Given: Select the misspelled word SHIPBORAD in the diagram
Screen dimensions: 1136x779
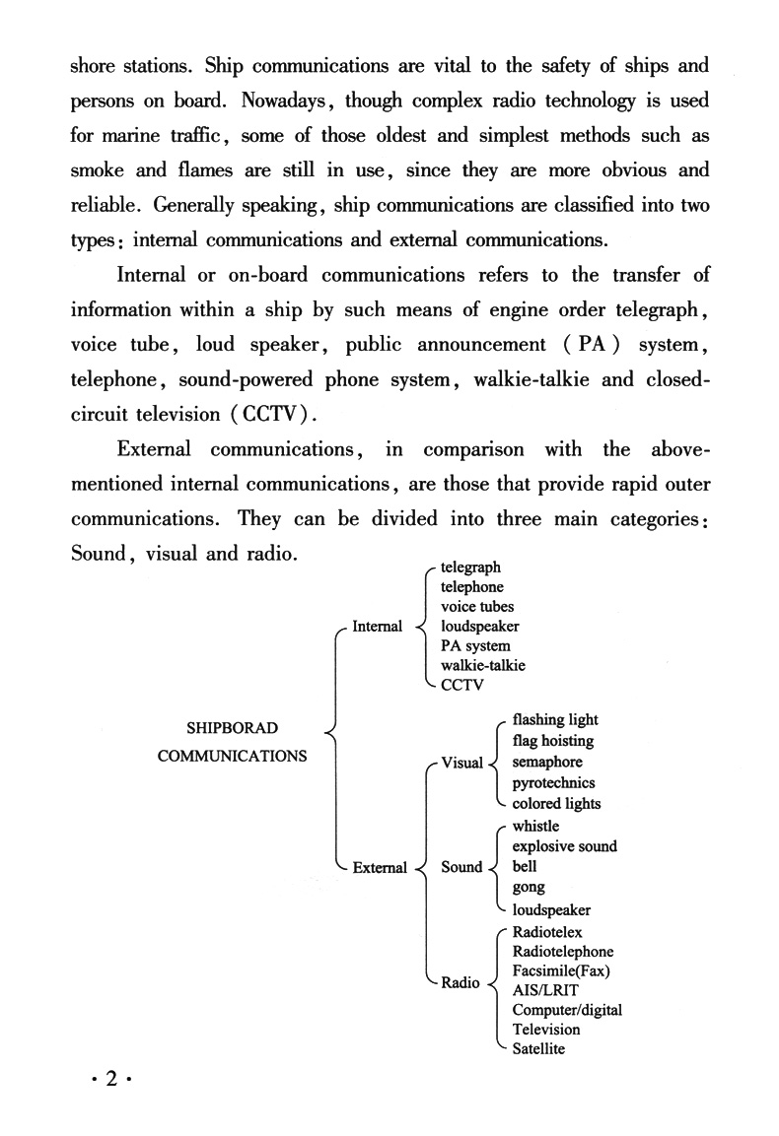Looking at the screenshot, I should coord(232,728).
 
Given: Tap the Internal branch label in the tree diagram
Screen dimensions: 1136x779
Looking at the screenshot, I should coord(377,626).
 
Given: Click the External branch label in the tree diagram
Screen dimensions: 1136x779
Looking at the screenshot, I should coord(380,868).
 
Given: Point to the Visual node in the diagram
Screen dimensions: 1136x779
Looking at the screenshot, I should coord(461,763).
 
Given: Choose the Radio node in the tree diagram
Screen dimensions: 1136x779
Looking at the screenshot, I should coord(460,982).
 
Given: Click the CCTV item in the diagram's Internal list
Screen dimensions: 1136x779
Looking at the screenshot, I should coord(460,686).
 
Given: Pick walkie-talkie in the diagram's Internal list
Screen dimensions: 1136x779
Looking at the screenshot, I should coord(483,665).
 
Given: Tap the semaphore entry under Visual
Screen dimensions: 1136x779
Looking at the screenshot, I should coord(547,762).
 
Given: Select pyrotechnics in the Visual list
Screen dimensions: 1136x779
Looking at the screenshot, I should coord(553,782).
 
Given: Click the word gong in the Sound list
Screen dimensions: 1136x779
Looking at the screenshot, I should coord(529,888).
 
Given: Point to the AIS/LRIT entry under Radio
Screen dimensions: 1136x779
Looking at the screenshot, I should coord(545,989).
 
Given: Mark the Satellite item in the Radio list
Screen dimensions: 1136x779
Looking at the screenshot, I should coord(538,1049).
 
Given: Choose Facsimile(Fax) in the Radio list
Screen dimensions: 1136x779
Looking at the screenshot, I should coord(561,970).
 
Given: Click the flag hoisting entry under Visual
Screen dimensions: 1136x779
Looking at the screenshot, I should coord(552,741).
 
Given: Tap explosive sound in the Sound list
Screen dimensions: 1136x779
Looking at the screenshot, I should coord(564,846).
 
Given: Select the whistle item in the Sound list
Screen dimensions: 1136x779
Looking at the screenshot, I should coord(535,826).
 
